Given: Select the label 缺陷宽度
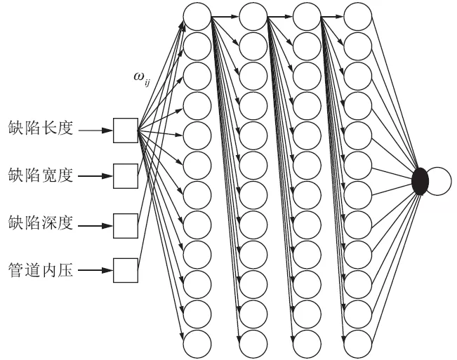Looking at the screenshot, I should [x=40, y=173].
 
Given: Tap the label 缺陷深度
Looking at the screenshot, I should [x=40, y=226].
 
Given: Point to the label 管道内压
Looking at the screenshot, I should [x=40, y=269].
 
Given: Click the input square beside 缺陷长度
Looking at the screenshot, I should [x=126, y=130].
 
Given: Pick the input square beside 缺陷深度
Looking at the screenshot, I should [x=126, y=226].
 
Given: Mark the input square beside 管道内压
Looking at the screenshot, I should [x=126, y=269].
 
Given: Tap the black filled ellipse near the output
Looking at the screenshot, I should [x=420, y=181].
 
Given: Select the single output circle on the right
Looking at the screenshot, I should [x=437, y=181].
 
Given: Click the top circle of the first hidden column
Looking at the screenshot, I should [x=197, y=16].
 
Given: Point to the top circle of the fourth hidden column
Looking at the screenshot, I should [x=359, y=16].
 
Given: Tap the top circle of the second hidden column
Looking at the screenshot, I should [x=251, y=16].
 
